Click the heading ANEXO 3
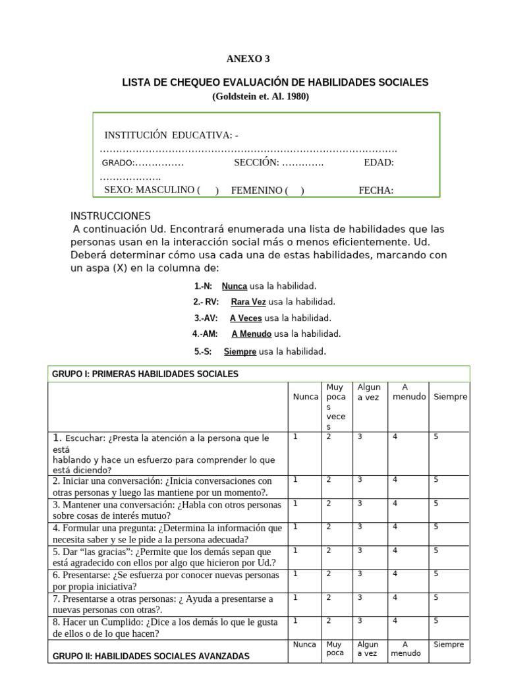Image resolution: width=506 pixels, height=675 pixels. pos(248,59)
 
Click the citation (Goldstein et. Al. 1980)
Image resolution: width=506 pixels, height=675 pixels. pos(260,96)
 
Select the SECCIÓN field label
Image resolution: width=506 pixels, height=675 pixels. pos(256,163)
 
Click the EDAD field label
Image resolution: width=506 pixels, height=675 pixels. pos(378,163)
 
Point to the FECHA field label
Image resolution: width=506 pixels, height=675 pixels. pos(376,191)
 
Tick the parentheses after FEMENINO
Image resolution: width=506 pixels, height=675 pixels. pos(294,191)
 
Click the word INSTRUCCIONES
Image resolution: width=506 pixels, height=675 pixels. pos(110,216)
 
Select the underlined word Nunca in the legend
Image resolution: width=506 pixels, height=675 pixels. pos(235,286)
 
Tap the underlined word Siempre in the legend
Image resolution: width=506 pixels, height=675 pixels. pos(240,352)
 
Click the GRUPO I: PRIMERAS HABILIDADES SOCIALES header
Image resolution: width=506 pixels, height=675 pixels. pos(145,374)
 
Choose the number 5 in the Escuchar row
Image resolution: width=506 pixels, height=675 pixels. pos(436,436)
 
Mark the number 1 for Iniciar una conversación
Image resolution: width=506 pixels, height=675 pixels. pos(296,480)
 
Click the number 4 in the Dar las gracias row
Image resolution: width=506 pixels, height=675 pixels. pos(395,550)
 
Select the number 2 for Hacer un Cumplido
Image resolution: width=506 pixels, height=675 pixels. pos(328,620)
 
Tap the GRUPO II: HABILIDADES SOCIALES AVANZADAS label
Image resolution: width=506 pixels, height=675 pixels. pos(151,657)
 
